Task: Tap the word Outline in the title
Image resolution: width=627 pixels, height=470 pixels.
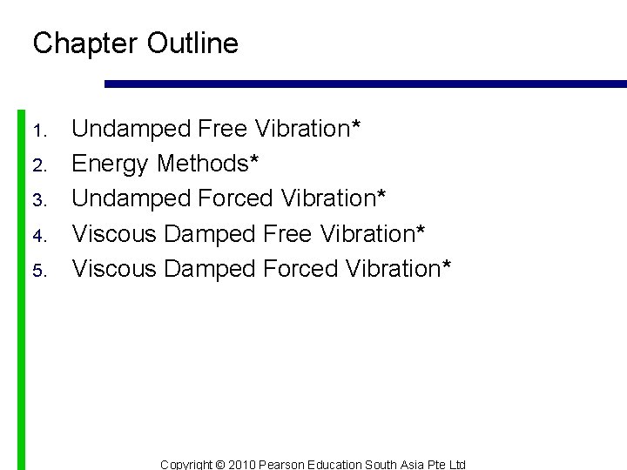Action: click(192, 44)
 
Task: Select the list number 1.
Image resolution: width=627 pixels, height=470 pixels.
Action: click(38, 131)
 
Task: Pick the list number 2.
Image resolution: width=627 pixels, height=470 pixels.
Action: click(38, 166)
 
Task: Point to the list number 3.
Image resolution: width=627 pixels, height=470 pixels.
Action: click(38, 201)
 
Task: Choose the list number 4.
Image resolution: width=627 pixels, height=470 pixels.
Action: click(38, 236)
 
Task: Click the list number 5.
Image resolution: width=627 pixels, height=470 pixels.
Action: click(38, 271)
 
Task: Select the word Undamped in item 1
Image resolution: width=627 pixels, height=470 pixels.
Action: click(131, 130)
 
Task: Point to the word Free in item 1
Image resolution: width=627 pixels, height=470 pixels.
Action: click(223, 128)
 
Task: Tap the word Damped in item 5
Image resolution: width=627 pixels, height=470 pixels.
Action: click(209, 269)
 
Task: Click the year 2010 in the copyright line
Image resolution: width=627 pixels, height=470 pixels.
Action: click(242, 465)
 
